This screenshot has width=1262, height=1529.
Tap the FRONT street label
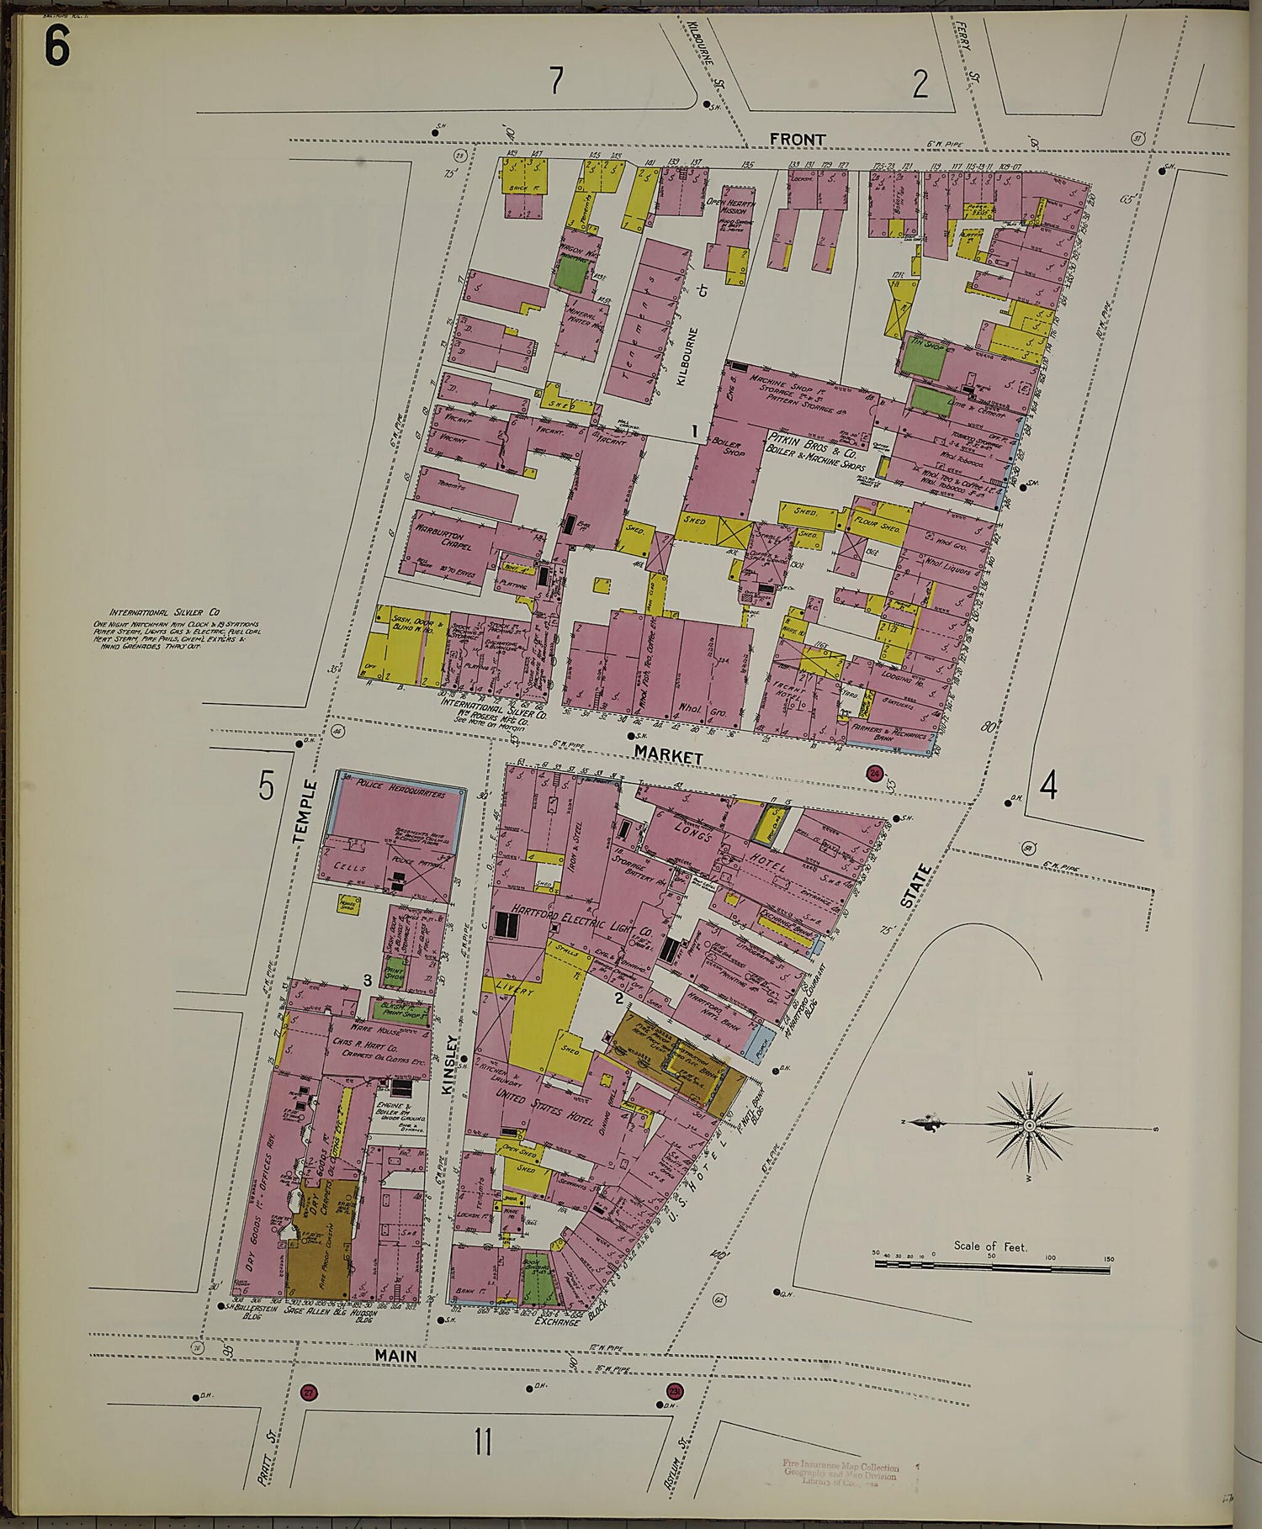[797, 139]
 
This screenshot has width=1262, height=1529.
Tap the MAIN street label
[396, 1356]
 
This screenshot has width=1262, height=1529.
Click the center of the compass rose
[1029, 1124]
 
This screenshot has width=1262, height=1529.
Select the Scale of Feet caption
[990, 1246]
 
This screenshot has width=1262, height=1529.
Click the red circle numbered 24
[874, 774]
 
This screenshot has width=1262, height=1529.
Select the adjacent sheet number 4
[1048, 786]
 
